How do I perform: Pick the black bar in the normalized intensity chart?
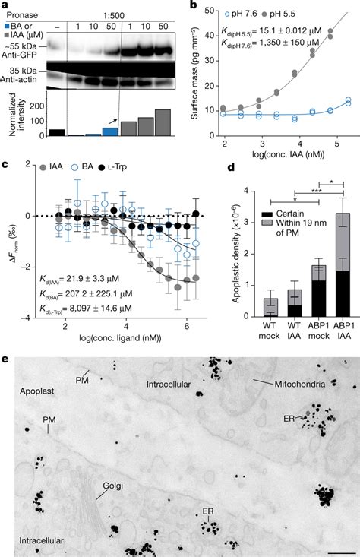click(x=35, y=132)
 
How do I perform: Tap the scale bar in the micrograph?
click(x=341, y=552)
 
